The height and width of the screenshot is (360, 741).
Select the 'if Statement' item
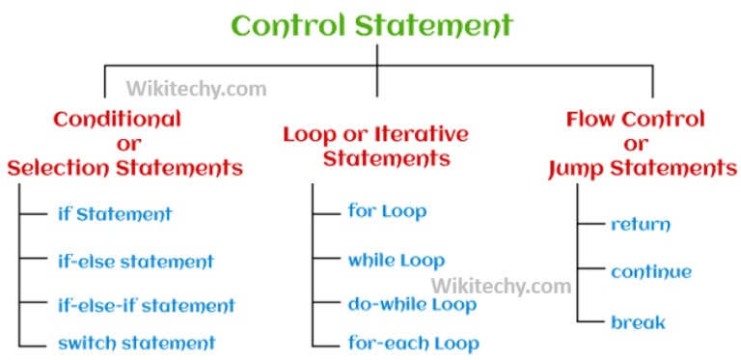click(115, 214)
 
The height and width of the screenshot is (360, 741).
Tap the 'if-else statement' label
click(135, 262)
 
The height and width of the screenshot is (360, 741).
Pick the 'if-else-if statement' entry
click(146, 306)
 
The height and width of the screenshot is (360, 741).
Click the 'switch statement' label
click(136, 343)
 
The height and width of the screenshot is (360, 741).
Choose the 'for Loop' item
click(387, 211)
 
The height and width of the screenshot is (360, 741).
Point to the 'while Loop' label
click(397, 260)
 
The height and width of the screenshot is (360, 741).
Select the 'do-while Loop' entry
click(412, 305)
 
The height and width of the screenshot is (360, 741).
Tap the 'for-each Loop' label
click(413, 343)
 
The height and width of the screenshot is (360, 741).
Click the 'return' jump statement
click(641, 225)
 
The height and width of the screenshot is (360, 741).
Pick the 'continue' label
click(651, 272)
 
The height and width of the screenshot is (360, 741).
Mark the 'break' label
click(638, 321)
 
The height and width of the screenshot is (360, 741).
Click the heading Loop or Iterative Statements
click(375, 146)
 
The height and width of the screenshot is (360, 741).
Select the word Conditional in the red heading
click(117, 120)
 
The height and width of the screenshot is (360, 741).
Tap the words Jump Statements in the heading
click(642, 169)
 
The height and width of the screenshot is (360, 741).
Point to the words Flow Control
click(635, 121)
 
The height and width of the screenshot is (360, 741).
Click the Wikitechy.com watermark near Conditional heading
click(196, 91)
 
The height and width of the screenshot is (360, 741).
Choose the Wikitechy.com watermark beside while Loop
click(501, 286)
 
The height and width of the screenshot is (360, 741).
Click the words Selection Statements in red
click(125, 168)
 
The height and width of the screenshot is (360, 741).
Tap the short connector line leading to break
click(590, 321)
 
